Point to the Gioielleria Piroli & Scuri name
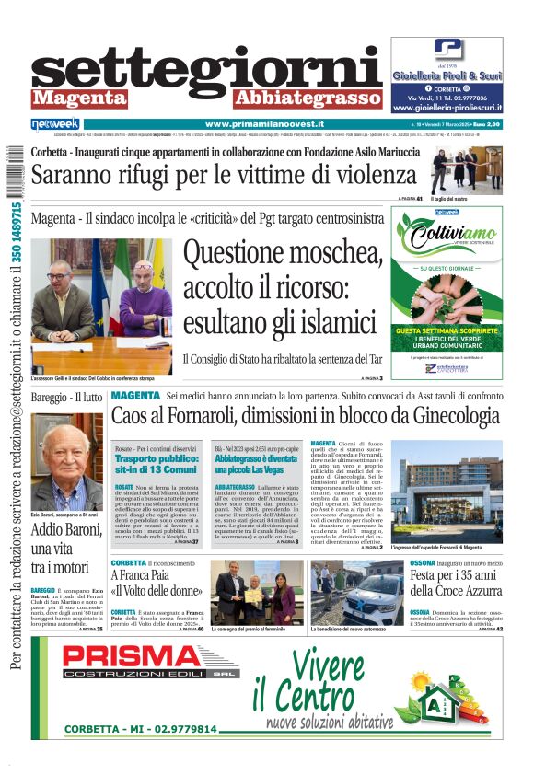point(447,75)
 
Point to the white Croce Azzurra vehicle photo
point(356,592)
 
